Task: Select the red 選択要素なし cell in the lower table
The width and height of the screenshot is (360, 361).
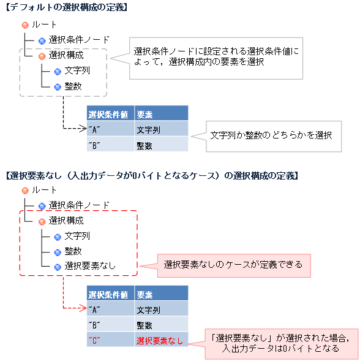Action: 159,340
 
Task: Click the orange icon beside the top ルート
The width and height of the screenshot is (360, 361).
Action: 24,25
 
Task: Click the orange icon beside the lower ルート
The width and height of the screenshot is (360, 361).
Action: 24,191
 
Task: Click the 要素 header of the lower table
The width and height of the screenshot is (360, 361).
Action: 145,294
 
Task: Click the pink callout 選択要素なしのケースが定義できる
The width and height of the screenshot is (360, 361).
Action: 233,265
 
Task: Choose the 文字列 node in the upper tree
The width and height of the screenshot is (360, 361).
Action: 77,71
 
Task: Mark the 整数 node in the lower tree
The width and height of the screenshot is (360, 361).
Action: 73,251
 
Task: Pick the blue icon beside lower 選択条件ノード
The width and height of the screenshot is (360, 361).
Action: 42,206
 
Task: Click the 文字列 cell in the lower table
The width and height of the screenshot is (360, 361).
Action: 148,310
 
